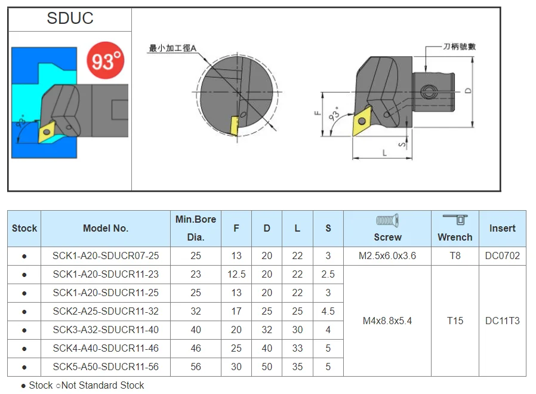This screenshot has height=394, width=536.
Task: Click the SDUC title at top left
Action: (70, 19)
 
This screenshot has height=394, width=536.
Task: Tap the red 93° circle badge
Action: (105, 60)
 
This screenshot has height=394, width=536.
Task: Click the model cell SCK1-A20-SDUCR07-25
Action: (105, 256)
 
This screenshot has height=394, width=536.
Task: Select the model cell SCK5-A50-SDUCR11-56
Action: (105, 367)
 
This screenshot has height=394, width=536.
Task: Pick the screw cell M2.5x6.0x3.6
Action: (387, 256)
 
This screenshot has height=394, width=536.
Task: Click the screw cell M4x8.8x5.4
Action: (387, 321)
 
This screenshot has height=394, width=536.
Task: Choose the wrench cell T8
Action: (455, 256)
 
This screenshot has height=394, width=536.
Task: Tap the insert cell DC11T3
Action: (502, 321)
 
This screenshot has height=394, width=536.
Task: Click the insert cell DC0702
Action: (502, 256)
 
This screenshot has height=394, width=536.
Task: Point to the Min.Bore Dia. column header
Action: (196, 228)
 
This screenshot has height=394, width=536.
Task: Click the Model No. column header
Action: (105, 228)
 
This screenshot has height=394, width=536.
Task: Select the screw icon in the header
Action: (387, 221)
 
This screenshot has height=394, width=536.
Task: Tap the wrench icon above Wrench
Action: (455, 220)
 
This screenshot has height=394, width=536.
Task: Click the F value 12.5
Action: (236, 275)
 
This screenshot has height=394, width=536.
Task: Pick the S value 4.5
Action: (328, 312)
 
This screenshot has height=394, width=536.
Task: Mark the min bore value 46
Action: (196, 349)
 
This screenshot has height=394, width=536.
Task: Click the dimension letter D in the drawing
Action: (469, 91)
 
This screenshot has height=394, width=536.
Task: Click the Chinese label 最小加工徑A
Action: (172, 48)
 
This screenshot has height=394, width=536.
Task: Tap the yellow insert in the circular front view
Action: (235, 125)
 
